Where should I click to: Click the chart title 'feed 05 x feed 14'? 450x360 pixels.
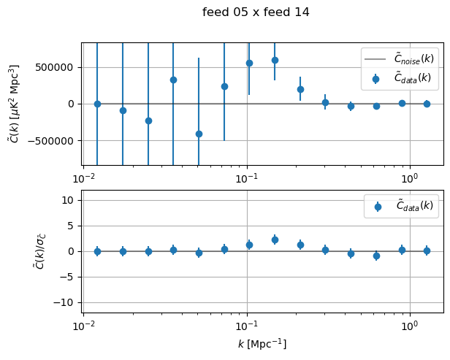[256, 12]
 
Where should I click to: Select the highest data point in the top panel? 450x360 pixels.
[275, 60]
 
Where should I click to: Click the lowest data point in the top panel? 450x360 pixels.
[199, 134]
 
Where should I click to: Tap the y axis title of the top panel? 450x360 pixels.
[14, 104]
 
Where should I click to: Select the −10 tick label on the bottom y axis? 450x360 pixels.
[67, 302]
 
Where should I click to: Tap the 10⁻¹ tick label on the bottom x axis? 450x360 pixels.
[247, 323]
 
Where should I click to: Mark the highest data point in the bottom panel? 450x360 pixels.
[275, 240]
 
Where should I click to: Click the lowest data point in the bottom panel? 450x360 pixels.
[376, 256]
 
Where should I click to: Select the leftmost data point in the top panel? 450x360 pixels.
[97, 104]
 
